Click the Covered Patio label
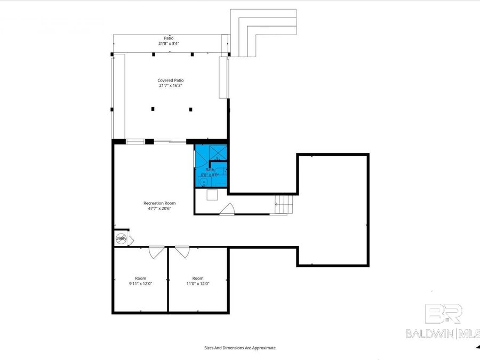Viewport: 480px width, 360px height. point(171,80)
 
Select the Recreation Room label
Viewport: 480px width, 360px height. point(159,203)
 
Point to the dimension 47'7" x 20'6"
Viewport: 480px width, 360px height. point(159,209)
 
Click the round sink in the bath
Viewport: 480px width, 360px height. point(204,181)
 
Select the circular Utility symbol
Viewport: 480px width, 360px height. point(121,238)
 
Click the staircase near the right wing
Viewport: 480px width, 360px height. point(284,204)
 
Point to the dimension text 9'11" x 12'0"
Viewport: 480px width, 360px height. point(140,284)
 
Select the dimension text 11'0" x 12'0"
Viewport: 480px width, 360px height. point(198,284)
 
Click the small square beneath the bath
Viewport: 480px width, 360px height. point(212,195)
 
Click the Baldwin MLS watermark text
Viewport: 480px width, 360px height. point(443,333)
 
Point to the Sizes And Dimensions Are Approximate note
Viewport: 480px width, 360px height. point(240,348)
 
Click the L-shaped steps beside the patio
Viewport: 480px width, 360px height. point(261,32)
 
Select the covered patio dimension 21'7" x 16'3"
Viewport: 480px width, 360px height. point(171,85)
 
